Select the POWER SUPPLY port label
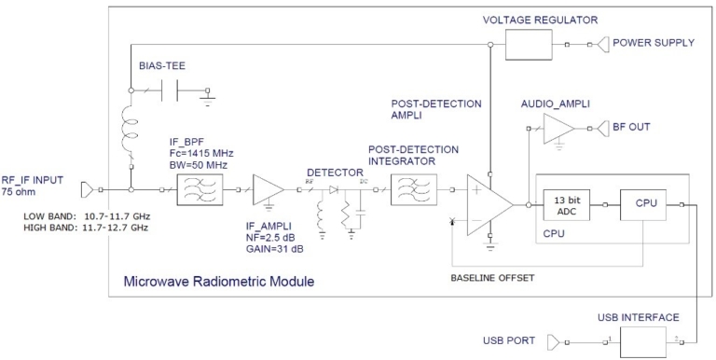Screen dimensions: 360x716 point(652,43)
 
